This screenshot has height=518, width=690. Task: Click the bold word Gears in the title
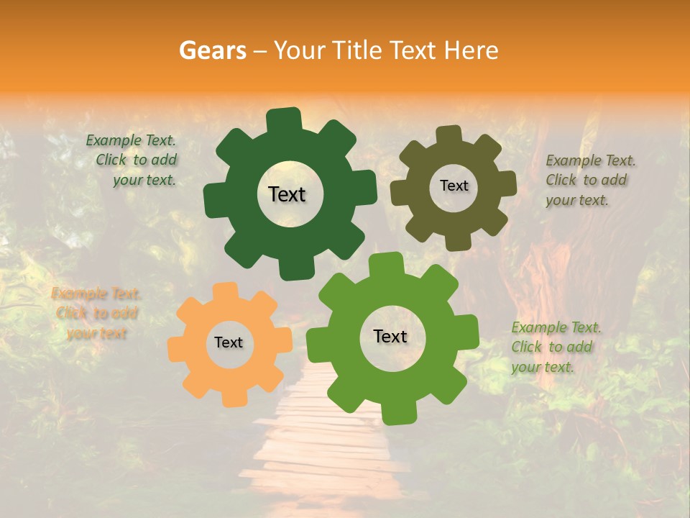point(211,50)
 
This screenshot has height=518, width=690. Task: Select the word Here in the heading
point(471,50)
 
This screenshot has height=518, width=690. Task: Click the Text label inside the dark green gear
point(287,194)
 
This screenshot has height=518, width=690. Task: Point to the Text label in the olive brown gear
point(454,186)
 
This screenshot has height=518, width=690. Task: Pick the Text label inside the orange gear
point(229,342)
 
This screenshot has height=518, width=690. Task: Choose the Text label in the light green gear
point(390,336)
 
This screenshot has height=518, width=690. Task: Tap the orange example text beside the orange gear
point(96,313)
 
